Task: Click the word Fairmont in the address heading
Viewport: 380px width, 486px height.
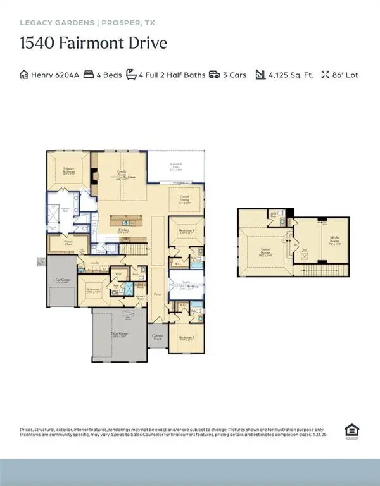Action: pyautogui.click(x=98, y=44)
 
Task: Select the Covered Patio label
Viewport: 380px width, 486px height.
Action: pyautogui.click(x=176, y=168)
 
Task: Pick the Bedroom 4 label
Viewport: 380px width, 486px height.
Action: pyautogui.click(x=186, y=231)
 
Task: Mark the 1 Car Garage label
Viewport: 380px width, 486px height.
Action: pyautogui.click(x=61, y=281)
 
